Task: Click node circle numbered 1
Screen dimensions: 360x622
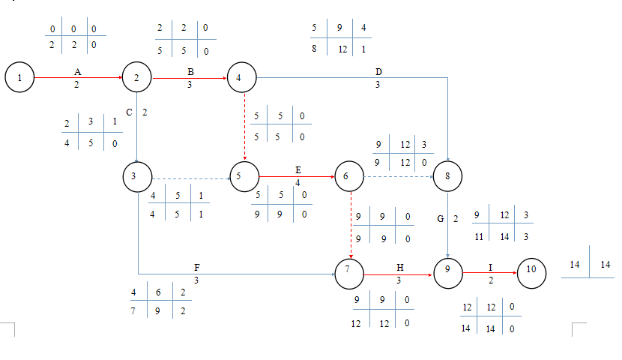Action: (x=19, y=77)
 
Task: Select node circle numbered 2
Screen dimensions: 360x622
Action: (x=137, y=77)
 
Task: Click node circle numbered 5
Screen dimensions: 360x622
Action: (x=241, y=177)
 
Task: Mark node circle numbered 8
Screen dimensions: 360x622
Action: (x=448, y=177)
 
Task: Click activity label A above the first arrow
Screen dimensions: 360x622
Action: (x=77, y=70)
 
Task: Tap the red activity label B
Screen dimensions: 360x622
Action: (x=190, y=70)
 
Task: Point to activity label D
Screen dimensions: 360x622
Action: (x=378, y=71)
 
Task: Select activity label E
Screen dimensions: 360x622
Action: (x=298, y=170)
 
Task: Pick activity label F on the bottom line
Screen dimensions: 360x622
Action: (x=196, y=268)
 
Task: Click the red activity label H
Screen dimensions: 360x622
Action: (x=399, y=268)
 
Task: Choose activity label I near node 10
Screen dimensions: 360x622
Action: (x=491, y=268)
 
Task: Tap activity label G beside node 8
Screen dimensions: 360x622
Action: (x=441, y=219)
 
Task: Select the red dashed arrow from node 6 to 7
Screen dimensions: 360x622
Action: (x=350, y=225)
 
